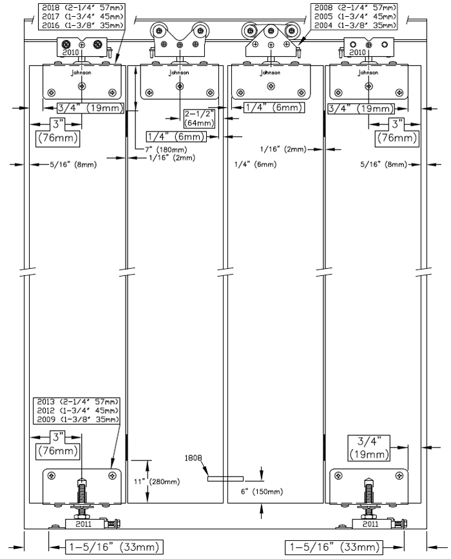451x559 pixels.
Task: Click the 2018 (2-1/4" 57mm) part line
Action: tap(82, 8)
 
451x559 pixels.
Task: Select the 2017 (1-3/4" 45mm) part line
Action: tap(82, 16)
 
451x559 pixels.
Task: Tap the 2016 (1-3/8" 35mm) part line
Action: tap(82, 25)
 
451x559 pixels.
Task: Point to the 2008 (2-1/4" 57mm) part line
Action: tap(355, 8)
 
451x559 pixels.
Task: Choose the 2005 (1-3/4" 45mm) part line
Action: tap(355, 16)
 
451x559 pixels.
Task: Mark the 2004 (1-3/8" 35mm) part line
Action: tap(355, 25)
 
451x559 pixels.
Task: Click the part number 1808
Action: tap(193, 458)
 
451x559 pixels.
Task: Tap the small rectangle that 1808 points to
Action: tap(225, 479)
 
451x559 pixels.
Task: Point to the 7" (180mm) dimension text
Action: tap(166, 150)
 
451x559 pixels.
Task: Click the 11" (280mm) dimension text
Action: tap(157, 482)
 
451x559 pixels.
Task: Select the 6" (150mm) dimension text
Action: tap(262, 492)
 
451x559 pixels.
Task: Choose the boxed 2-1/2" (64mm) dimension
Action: tap(200, 119)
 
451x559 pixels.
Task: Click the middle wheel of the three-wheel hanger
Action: tap(271, 31)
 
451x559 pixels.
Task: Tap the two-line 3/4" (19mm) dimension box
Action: tap(369, 448)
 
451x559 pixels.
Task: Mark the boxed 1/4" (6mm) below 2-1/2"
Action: tap(177, 137)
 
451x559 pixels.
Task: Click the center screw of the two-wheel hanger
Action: tap(180, 44)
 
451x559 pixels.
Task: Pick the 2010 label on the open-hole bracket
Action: tap(358, 52)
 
